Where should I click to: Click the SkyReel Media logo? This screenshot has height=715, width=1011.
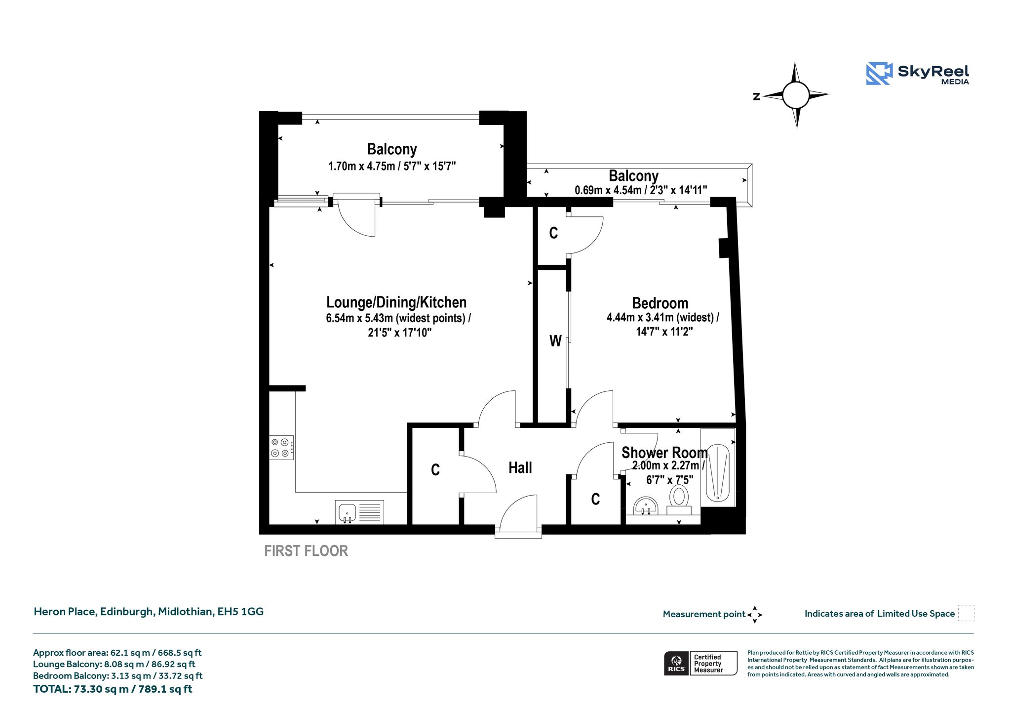tap(917, 74)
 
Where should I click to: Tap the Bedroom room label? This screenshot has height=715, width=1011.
tap(660, 303)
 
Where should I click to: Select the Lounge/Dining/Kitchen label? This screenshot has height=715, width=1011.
tap(396, 302)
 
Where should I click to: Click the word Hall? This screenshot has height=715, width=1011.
tap(520, 467)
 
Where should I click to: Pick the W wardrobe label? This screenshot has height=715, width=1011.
tap(555, 341)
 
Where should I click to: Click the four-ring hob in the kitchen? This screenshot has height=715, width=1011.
tap(281, 448)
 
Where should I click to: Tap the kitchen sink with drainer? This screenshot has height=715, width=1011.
tap(360, 512)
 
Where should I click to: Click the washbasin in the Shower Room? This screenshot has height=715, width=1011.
tap(646, 506)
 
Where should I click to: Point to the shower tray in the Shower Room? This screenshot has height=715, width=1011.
tap(718, 473)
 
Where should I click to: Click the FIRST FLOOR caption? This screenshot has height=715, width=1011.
tap(306, 551)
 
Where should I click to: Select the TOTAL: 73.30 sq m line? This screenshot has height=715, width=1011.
tap(113, 689)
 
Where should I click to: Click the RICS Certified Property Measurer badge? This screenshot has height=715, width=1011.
tap(700, 663)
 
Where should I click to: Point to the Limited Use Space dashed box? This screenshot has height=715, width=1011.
tap(966, 613)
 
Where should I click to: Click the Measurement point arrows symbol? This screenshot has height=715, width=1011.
tap(755, 615)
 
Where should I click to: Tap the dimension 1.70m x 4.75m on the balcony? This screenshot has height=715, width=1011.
tap(392, 166)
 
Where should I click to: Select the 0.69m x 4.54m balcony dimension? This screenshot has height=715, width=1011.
tap(641, 190)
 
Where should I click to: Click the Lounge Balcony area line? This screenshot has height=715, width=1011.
tap(114, 664)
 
